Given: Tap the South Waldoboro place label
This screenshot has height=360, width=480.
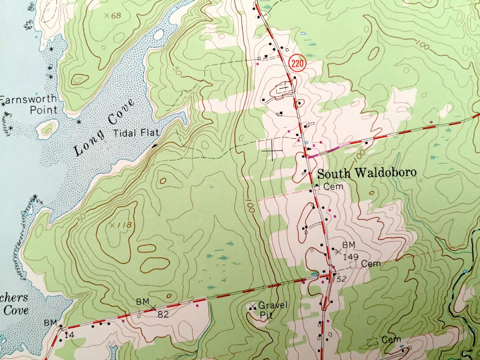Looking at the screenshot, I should click(x=367, y=173).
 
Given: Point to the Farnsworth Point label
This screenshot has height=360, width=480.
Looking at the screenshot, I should click(x=30, y=104).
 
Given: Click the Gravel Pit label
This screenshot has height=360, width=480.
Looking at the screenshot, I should click(x=272, y=310).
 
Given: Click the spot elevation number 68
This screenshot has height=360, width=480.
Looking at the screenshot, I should click(x=116, y=16).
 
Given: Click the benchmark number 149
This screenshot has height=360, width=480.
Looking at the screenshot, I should click(x=350, y=257).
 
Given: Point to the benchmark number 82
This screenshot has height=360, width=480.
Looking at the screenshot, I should click(x=163, y=314).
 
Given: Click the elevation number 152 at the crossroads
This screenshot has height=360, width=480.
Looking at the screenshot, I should click(x=341, y=279).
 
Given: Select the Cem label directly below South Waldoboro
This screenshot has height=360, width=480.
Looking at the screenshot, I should click(x=333, y=187).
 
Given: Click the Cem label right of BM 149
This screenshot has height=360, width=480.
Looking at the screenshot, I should click(x=371, y=264).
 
